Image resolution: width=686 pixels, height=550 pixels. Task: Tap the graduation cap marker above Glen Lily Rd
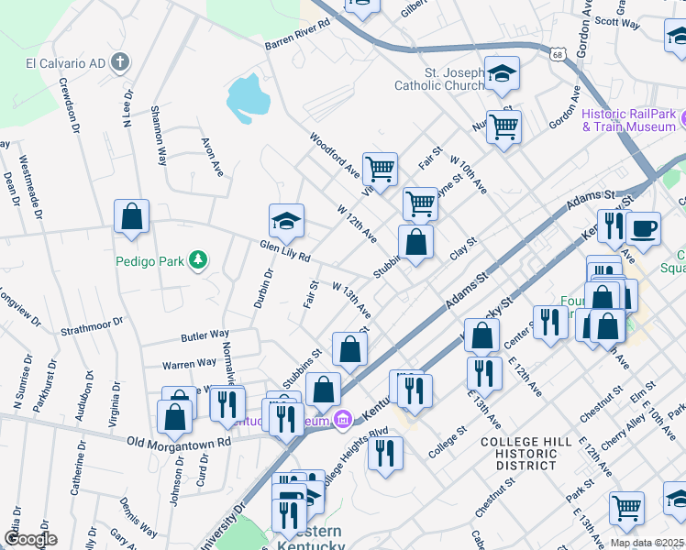(286, 220)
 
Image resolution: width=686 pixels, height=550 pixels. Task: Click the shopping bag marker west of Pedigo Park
(132, 217)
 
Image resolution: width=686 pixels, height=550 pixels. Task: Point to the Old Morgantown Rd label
(180, 442)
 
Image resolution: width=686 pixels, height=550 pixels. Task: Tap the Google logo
(30, 539)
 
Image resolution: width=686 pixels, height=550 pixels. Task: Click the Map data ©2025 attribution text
(647, 543)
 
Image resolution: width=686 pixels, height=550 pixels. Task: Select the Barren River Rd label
(296, 35)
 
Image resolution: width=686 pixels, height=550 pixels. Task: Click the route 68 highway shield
(558, 55)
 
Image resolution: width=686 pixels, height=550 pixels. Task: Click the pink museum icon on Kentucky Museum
(343, 421)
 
